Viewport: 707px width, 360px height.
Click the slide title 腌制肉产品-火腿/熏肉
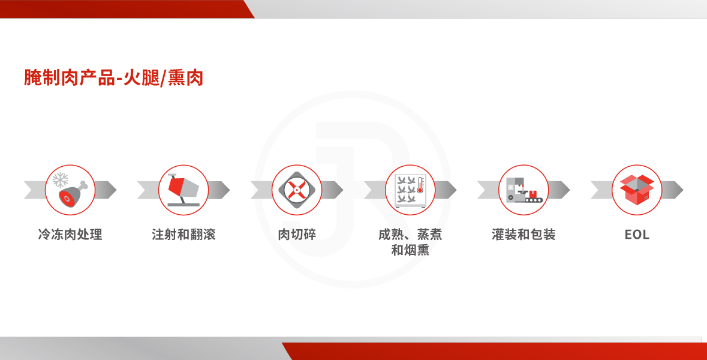pos(113,77)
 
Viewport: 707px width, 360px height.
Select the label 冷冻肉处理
pos(70,235)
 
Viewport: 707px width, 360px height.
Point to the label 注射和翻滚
pos(183,235)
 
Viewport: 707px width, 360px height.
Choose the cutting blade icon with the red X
pos(297,190)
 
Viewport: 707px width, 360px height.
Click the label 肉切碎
pos(297,235)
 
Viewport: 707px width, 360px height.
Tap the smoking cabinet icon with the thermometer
pos(410,190)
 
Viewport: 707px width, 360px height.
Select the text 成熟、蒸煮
pos(410,235)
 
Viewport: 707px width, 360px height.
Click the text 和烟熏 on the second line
pos(410,250)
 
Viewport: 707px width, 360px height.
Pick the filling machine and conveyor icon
pos(524,190)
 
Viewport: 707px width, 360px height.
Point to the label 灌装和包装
pos(524,235)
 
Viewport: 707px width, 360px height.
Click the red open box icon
pos(637,190)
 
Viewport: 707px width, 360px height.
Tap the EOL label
pos(637,235)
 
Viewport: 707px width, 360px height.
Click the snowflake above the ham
pos(60,180)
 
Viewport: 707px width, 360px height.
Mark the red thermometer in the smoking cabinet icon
pos(420,185)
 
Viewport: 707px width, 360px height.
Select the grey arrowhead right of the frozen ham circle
pos(106,190)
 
